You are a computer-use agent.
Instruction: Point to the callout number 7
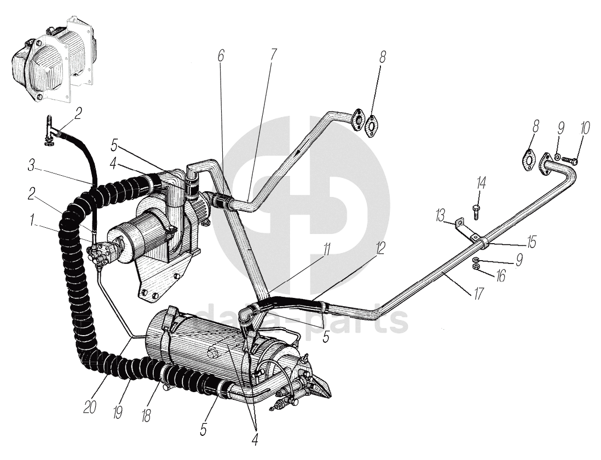click(273, 55)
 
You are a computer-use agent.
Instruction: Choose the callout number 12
click(379, 250)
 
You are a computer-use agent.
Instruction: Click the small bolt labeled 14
click(476, 209)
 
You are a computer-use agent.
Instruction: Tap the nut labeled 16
click(477, 267)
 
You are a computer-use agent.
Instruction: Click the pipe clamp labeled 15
click(483, 242)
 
